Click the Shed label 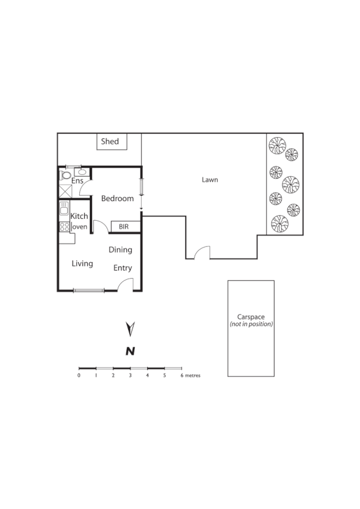coord(110,141)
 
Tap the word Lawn coord(210,180)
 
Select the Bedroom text coord(117,199)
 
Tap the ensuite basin coord(82,173)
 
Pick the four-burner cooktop coord(63,227)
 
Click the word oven coord(80,227)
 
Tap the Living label coord(82,264)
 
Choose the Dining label coord(120,250)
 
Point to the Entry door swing coord(126,284)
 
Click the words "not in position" coord(251,324)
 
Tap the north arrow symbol coord(129,330)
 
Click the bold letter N coord(129,351)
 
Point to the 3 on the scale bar coord(130,376)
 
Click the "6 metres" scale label coord(190,376)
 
